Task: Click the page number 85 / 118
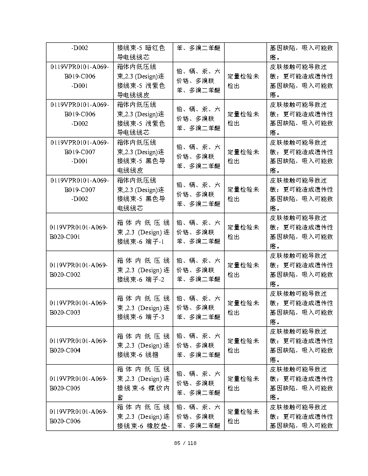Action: click(x=185, y=443)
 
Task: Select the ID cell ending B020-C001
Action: click(x=79, y=232)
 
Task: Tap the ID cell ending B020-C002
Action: click(x=79, y=270)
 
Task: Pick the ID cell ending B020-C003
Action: click(x=79, y=307)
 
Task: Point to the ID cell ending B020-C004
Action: click(x=79, y=345)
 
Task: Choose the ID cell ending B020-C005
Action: click(x=79, y=383)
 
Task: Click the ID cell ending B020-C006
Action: click(x=79, y=416)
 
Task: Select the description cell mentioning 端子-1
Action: click(x=143, y=232)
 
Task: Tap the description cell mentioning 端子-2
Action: click(x=143, y=270)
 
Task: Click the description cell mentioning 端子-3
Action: click(x=143, y=307)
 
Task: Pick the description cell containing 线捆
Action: click(x=143, y=345)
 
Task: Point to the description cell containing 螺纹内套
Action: click(x=143, y=383)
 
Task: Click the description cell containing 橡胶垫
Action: click(x=143, y=416)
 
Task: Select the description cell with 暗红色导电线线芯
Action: click(x=143, y=52)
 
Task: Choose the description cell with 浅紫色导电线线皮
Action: click(x=143, y=81)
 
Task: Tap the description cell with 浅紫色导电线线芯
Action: click(x=143, y=119)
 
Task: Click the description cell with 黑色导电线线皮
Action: click(x=143, y=156)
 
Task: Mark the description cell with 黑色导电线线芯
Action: click(x=143, y=194)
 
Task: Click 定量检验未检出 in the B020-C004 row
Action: click(x=245, y=345)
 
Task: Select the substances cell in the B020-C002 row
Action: click(x=198, y=270)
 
